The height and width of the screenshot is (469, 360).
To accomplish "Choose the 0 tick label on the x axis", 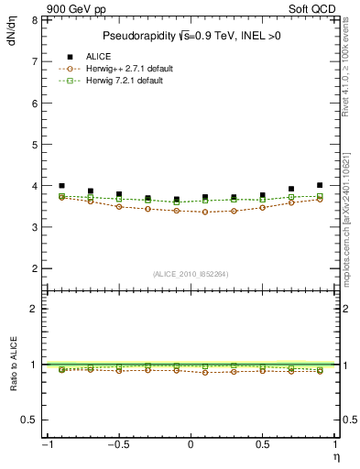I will pos(191,444).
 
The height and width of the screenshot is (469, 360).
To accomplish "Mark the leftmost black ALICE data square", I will pos(61,186).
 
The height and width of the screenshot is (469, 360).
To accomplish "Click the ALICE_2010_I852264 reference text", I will pos(191,273).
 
